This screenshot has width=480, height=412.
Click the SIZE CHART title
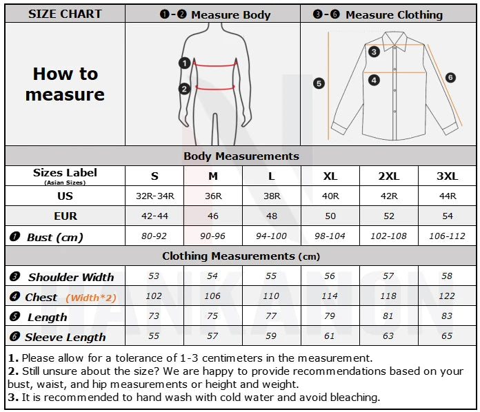(x=65, y=14)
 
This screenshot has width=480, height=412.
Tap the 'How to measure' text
(x=65, y=84)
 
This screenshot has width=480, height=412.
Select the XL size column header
(x=330, y=176)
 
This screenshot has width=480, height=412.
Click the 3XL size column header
(x=447, y=176)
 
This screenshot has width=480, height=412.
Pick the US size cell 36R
(x=213, y=196)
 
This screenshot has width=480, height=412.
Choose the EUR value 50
(x=330, y=216)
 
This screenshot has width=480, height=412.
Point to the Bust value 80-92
(x=154, y=236)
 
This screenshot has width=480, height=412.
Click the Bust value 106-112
(x=447, y=236)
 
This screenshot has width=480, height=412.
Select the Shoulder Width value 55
(x=271, y=276)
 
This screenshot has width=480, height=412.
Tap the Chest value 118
(x=388, y=296)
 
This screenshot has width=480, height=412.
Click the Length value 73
(x=154, y=316)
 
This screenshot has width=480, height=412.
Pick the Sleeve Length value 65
(x=447, y=336)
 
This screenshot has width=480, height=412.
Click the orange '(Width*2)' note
(x=91, y=298)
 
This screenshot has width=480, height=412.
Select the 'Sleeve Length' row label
(x=65, y=337)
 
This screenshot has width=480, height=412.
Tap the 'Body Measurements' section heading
(x=241, y=156)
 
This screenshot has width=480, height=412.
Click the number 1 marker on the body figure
(x=184, y=63)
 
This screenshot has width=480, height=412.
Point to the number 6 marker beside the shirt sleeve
(x=450, y=78)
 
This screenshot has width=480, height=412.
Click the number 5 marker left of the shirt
(x=319, y=83)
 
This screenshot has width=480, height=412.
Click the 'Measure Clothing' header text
(x=394, y=14)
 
